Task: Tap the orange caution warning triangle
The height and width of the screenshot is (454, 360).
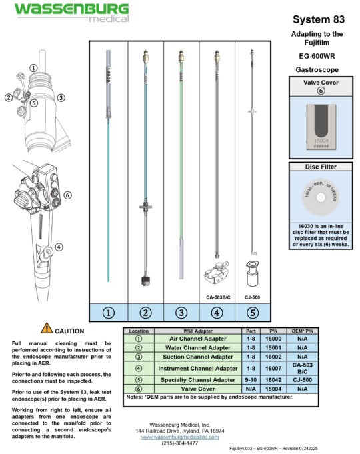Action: [47, 327]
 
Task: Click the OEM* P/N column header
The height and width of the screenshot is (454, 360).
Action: [303, 330]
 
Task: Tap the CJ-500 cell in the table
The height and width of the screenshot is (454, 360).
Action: [303, 380]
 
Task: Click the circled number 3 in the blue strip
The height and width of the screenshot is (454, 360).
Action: [181, 311]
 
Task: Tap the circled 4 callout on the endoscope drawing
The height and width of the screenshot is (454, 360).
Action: [59, 247]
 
